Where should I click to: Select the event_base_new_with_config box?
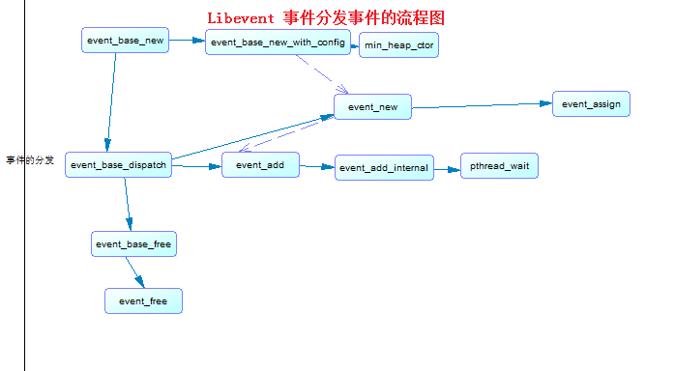tap(278, 42)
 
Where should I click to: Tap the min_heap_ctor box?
tap(398, 45)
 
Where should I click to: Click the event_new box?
tap(372, 106)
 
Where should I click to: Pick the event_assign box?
tap(591, 103)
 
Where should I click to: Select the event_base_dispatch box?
tap(119, 164)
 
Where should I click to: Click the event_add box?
tap(260, 165)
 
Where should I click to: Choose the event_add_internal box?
tap(384, 168)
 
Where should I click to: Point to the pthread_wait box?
tap(499, 166)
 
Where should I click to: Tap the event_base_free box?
tap(133, 244)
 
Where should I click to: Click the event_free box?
tap(143, 301)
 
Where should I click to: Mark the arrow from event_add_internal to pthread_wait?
tap(446, 168)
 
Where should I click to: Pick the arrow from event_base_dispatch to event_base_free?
tap(127, 204)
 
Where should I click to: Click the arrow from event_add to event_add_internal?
tap(317, 167)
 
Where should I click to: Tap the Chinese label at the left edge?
tap(30, 159)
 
